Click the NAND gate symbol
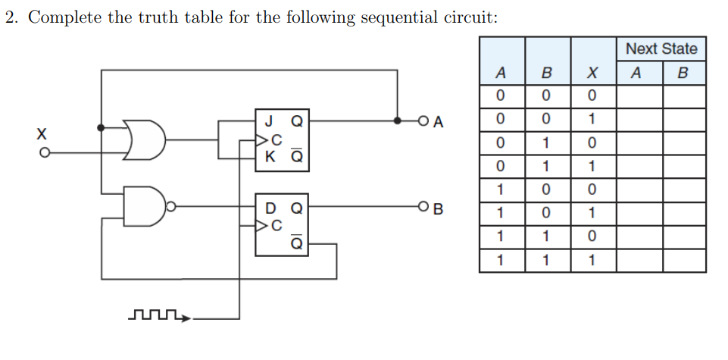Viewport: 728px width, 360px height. pyautogui.click(x=145, y=205)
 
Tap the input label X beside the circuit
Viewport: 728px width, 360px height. pyautogui.click(x=42, y=134)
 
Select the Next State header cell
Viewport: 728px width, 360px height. pyautogui.click(x=661, y=49)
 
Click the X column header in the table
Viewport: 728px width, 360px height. pyautogui.click(x=593, y=74)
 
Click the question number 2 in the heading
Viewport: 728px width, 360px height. pyautogui.click(x=11, y=18)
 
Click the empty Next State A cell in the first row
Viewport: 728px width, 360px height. pyautogui.click(x=639, y=96)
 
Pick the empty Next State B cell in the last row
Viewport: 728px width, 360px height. pyautogui.click(x=684, y=261)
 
